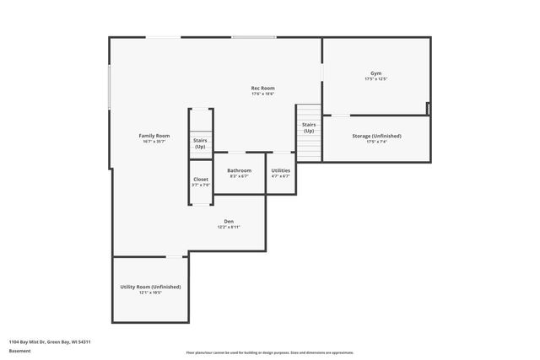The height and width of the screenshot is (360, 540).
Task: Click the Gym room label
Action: (x=375, y=73)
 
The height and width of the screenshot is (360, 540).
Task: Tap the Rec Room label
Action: (x=262, y=89)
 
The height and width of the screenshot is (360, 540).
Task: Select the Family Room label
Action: (x=154, y=136)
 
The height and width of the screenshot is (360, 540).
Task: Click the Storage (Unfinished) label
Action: (x=376, y=136)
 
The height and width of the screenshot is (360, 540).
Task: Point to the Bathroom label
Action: (x=239, y=170)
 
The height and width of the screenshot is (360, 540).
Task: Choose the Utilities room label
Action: (x=280, y=170)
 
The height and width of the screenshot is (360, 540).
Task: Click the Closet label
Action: (x=201, y=179)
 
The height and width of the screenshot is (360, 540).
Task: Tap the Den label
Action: (x=229, y=221)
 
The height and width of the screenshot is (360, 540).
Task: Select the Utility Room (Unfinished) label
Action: (x=150, y=287)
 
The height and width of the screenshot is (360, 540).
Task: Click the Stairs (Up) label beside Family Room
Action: (x=200, y=143)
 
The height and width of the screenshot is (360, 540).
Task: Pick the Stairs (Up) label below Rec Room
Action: (x=309, y=127)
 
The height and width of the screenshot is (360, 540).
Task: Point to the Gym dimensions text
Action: (x=375, y=79)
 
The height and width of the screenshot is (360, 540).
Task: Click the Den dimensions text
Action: (x=229, y=227)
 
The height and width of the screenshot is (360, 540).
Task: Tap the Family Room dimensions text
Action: (x=154, y=142)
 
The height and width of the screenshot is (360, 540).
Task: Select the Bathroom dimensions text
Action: (x=239, y=176)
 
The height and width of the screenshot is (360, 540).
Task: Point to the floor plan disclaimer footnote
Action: (x=269, y=352)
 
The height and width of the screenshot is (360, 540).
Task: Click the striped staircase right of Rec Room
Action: (x=309, y=145)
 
